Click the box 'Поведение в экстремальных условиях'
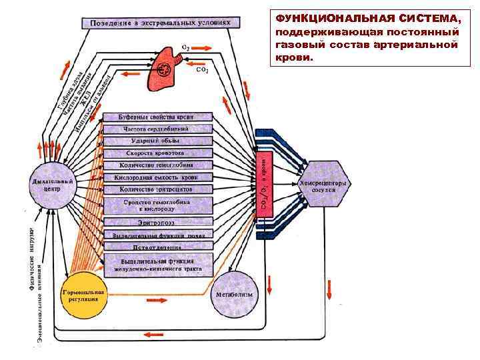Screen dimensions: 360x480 click(157, 23)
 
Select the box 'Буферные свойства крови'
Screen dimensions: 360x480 click(157, 117)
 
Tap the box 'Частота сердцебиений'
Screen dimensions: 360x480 click(157, 129)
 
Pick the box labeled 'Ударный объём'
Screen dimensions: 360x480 click(157, 141)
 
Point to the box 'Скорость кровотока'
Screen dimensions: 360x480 click(157, 153)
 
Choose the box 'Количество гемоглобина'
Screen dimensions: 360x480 click(157, 165)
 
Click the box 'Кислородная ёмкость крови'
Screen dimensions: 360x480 click(157, 177)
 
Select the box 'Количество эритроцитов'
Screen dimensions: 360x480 click(157, 189)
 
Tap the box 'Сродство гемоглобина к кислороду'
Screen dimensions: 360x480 click(157, 205)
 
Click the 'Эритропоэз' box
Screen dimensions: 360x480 click(157, 222)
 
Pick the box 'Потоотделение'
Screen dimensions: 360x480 click(157, 246)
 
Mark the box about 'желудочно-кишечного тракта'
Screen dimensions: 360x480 click(157, 265)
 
